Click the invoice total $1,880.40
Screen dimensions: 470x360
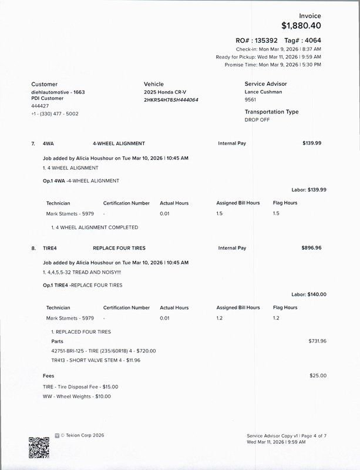301,25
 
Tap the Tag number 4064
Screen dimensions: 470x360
312,41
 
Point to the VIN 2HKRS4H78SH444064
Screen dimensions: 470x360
171,100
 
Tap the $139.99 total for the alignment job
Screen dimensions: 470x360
311,143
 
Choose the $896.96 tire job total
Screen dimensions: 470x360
311,248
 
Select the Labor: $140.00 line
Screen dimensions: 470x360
309,294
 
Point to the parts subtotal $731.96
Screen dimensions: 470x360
317,341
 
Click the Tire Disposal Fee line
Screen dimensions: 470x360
80,387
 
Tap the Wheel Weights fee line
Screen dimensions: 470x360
77,397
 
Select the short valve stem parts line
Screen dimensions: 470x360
96,360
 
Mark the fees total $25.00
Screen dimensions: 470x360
318,375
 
